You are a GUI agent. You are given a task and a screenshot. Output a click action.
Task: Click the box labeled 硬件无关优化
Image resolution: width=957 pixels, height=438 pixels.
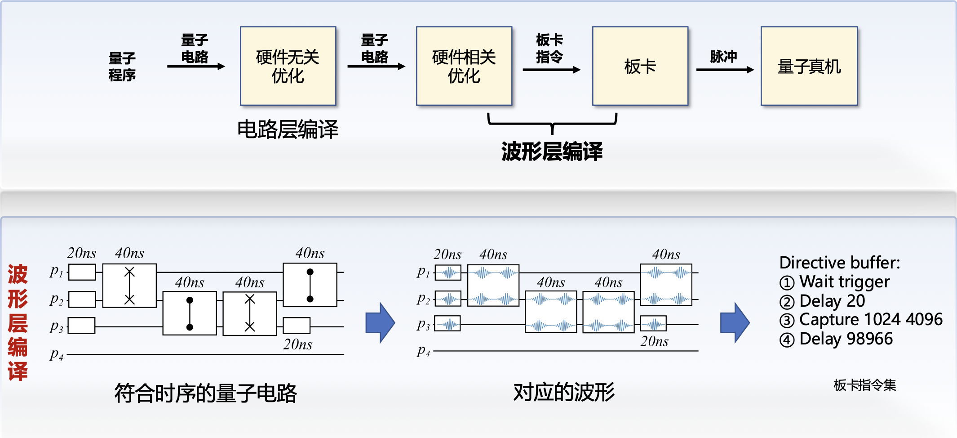point(288,66)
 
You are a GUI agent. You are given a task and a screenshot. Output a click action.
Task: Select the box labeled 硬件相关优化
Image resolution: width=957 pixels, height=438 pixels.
point(464,66)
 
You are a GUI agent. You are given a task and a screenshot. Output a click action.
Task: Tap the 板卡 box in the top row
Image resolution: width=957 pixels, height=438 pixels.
point(640,66)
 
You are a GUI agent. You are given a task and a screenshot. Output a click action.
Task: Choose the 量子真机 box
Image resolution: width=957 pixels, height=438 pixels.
point(809,66)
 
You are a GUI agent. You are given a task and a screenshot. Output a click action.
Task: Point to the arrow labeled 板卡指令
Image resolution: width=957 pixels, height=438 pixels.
point(551,69)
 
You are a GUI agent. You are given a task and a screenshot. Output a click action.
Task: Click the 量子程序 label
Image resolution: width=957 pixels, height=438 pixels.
point(122,66)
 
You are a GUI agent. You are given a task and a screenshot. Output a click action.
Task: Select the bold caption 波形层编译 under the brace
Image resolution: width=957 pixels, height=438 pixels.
point(552,151)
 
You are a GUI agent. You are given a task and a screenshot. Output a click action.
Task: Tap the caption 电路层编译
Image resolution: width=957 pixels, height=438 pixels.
point(288,130)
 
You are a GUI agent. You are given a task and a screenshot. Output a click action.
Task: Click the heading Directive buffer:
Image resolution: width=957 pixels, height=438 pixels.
point(839,263)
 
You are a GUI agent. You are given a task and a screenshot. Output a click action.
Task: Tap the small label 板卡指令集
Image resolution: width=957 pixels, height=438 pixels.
point(864,385)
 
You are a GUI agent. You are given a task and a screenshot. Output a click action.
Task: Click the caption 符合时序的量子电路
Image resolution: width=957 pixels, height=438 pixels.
point(205,393)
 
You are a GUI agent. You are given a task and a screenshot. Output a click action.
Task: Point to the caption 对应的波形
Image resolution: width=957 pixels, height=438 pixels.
point(564,392)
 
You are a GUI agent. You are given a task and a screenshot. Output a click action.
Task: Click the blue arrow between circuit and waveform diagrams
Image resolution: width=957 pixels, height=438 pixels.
point(380,323)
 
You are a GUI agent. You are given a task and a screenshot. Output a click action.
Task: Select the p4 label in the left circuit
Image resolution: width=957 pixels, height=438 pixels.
point(57,354)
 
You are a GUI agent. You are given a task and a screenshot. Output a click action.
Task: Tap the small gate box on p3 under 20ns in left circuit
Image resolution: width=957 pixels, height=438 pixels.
point(297,326)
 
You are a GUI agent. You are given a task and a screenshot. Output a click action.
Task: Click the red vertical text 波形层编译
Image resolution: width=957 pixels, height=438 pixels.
point(18,322)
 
